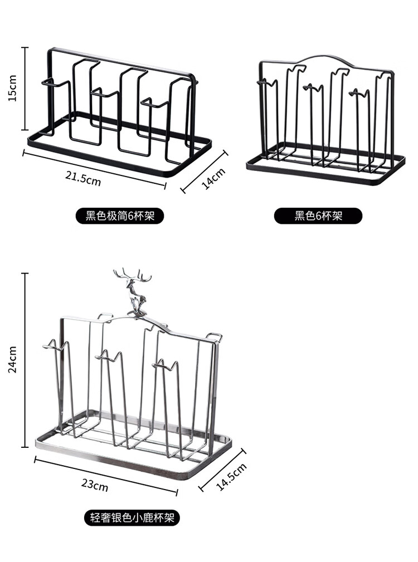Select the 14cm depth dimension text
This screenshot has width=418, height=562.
click(213, 179)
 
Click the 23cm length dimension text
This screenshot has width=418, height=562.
click(95, 485)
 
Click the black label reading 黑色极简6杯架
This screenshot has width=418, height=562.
click(120, 216)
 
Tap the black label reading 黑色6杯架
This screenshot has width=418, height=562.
click(318, 216)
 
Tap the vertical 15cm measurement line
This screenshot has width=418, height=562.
click(25, 89)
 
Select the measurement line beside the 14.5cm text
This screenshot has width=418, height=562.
click(222, 470)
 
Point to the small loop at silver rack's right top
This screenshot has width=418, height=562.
click(214, 337)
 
